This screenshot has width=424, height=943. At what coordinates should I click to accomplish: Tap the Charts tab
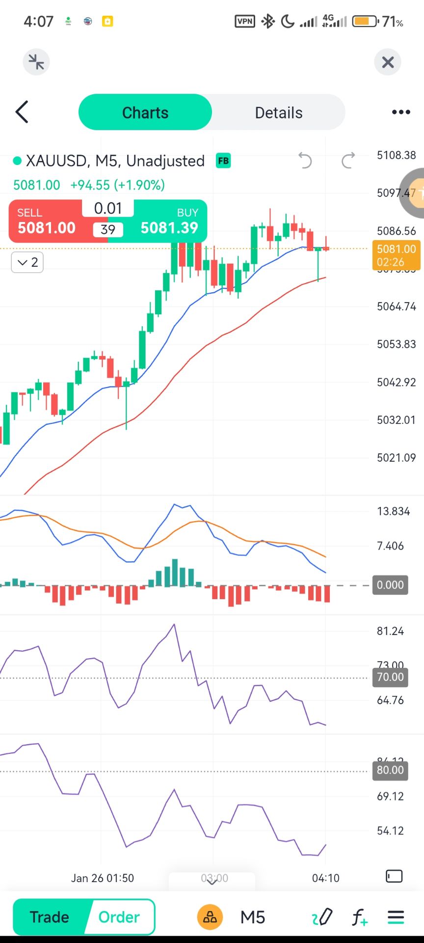point(145,112)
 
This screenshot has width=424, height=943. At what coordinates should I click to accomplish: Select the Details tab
point(278,112)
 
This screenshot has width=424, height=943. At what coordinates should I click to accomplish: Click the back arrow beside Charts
point(22,112)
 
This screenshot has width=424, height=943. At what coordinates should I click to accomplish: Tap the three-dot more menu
point(400,112)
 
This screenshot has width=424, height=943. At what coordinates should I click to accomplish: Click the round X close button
point(388,62)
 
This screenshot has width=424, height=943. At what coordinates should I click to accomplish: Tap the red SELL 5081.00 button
point(47,222)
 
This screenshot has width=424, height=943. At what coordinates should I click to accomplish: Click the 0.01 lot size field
point(108,208)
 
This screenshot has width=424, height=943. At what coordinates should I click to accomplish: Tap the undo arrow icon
point(305,161)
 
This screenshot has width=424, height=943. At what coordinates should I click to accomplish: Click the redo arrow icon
point(348,161)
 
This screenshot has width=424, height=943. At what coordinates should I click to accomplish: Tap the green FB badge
point(223,161)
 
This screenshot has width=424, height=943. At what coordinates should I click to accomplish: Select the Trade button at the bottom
point(49,917)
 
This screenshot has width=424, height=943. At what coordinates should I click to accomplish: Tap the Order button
point(119,917)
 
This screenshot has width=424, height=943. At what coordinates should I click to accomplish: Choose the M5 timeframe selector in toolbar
point(253,917)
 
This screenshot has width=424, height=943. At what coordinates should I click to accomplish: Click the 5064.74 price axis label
point(396,306)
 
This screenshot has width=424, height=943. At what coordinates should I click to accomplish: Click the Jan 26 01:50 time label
point(102,878)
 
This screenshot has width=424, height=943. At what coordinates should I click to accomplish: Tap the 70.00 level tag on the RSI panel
point(390,677)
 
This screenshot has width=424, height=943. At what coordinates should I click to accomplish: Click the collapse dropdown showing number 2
point(27,262)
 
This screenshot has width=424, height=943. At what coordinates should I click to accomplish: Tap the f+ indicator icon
point(360,917)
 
